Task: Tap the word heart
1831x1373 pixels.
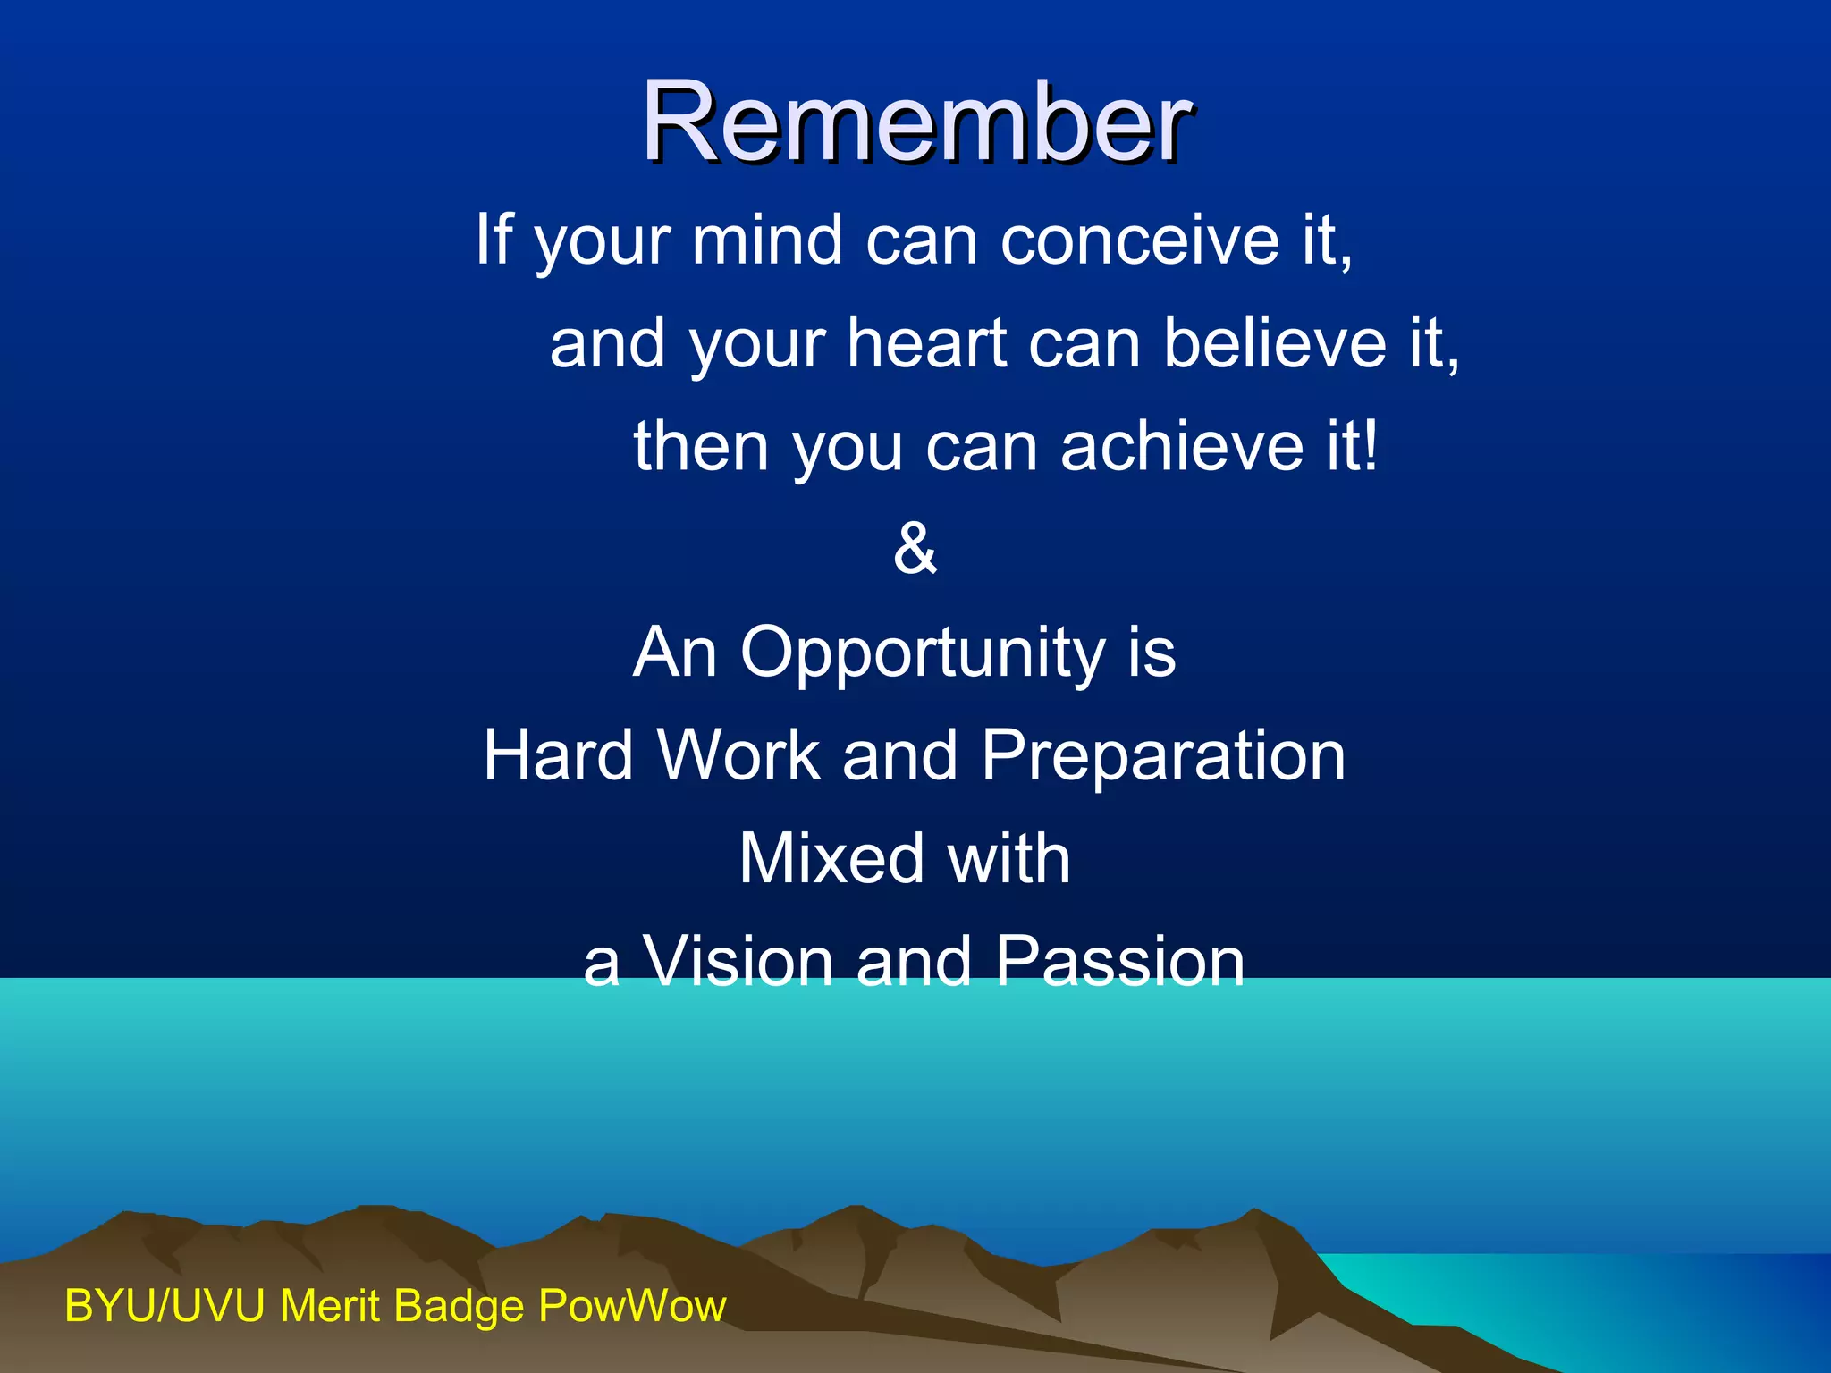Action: [926, 343]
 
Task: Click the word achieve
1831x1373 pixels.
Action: [1182, 446]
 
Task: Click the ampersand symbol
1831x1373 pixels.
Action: [915, 548]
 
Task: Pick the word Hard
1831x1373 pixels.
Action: [559, 755]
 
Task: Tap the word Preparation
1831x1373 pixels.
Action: [1163, 755]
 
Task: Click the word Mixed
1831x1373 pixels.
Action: [831, 858]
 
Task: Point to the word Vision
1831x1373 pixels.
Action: [738, 962]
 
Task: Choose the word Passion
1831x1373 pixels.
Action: [1119, 962]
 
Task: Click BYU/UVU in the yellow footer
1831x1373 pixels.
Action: [165, 1306]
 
